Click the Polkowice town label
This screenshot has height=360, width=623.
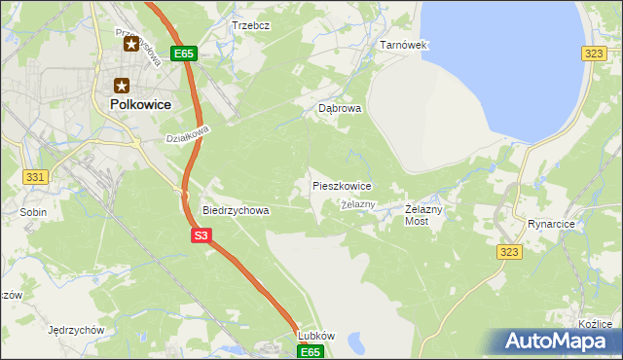point(134,103)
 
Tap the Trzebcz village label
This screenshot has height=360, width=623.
point(250,24)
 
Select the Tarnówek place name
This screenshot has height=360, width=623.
point(403,46)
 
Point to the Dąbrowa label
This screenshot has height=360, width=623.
point(340,109)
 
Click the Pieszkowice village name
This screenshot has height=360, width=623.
point(341,185)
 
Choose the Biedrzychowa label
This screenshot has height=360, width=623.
point(235,209)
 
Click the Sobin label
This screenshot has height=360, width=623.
point(33,210)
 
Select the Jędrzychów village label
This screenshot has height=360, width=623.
point(75,330)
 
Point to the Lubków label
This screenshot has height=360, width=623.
point(315,336)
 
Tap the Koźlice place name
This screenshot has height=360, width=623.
point(594,324)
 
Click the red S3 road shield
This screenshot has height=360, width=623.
point(201,235)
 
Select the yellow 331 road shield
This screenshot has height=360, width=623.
point(35,176)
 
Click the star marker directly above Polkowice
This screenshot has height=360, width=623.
point(123,86)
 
